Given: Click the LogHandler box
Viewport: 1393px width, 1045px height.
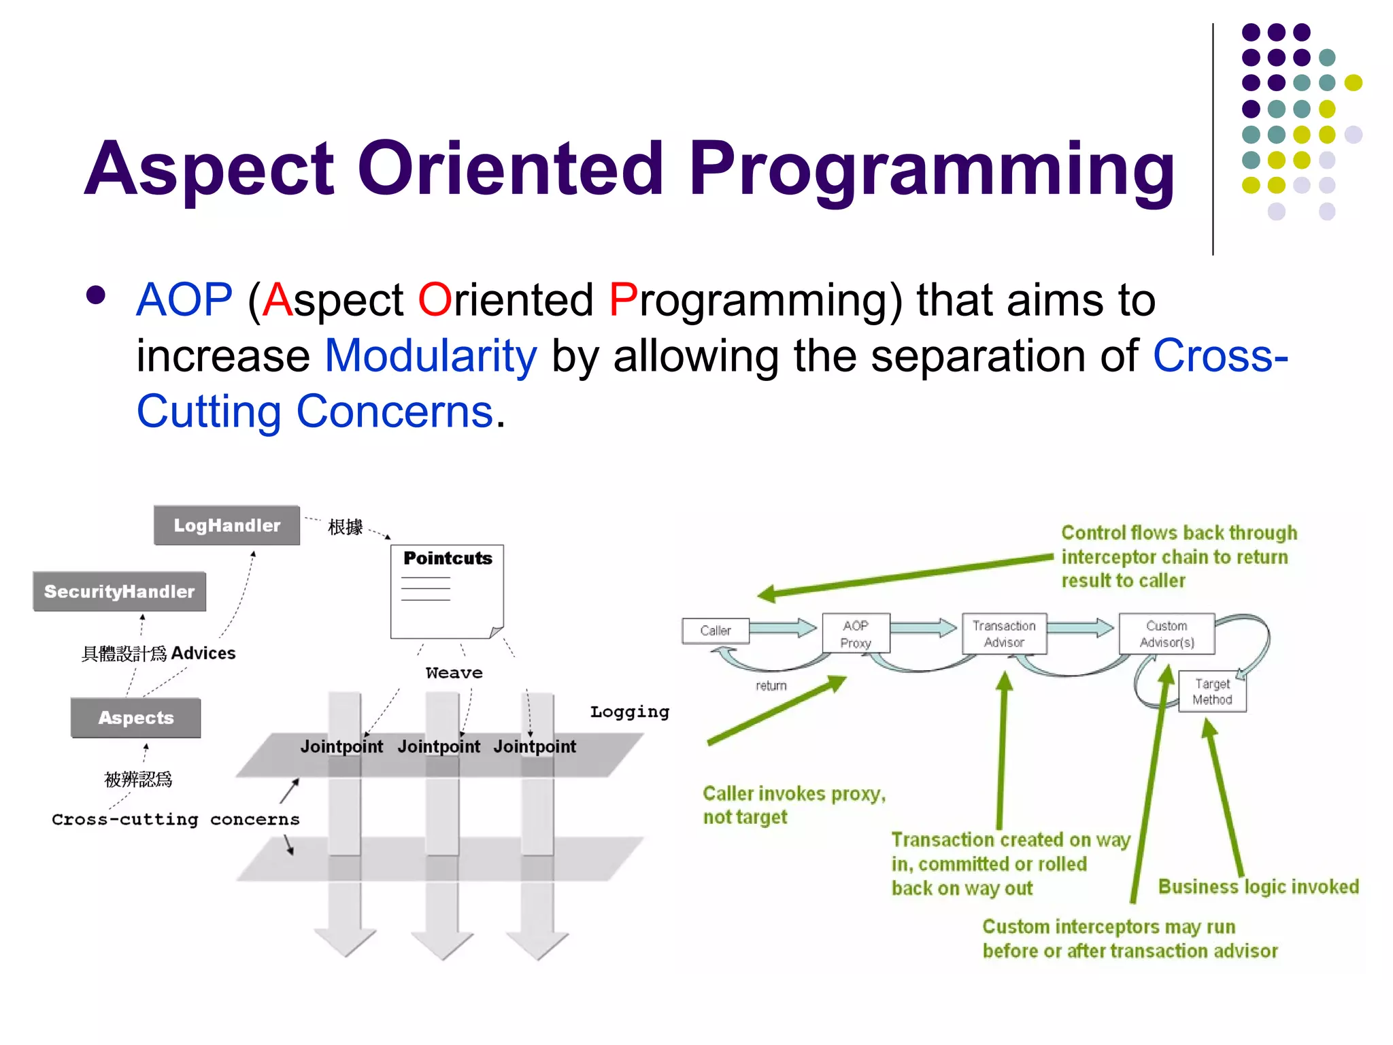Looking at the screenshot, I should pyautogui.click(x=226, y=525).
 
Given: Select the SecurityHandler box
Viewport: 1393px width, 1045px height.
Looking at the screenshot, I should pyautogui.click(x=119, y=591).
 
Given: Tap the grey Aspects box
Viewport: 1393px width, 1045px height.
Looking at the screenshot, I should pyautogui.click(x=136, y=718).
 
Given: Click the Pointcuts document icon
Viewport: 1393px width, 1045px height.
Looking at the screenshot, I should pyautogui.click(x=447, y=591).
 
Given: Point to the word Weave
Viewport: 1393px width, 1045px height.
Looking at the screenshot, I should pyautogui.click(x=454, y=673).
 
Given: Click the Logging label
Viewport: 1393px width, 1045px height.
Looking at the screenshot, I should pyautogui.click(x=629, y=712).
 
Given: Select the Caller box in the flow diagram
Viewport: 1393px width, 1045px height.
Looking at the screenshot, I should pyautogui.click(x=715, y=631).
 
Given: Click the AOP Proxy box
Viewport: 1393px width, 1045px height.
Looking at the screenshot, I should pyautogui.click(x=855, y=634).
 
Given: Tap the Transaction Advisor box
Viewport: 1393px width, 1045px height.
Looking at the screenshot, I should pyautogui.click(x=1003, y=634).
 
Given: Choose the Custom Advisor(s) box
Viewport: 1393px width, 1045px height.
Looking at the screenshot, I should pyautogui.click(x=1166, y=634).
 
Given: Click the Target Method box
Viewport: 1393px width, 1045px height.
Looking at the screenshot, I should pyautogui.click(x=1212, y=692).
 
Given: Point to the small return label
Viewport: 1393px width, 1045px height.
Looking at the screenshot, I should pyautogui.click(x=771, y=686).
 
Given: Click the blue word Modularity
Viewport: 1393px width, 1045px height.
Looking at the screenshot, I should pyautogui.click(x=431, y=356).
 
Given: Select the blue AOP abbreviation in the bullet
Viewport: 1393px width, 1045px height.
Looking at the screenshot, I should pyautogui.click(x=184, y=300).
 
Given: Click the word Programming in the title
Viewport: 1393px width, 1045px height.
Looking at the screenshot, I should pyautogui.click(x=931, y=169).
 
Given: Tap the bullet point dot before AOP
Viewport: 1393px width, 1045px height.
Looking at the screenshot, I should pyautogui.click(x=96, y=295).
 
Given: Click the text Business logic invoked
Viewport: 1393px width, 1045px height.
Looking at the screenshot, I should pyautogui.click(x=1258, y=886).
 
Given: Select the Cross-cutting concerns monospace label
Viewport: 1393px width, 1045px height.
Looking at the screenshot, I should pyautogui.click(x=175, y=819).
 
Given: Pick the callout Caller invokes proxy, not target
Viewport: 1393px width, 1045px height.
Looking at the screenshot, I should pyautogui.click(x=793, y=805).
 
